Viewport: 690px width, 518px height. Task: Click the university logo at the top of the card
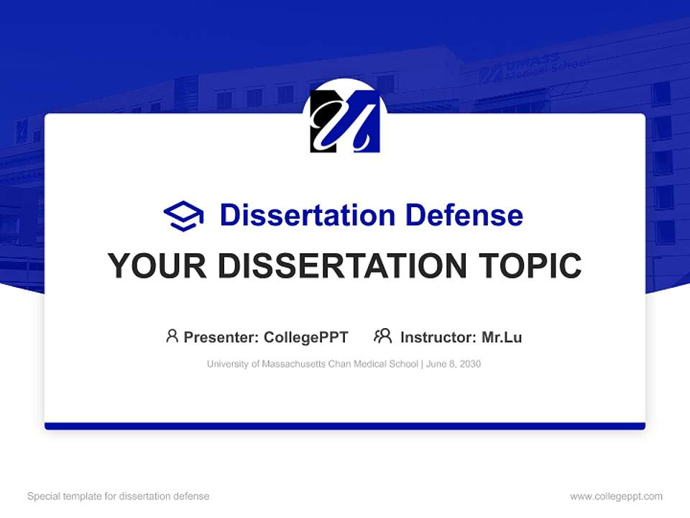click(x=345, y=121)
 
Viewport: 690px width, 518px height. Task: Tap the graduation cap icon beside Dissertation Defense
click(x=183, y=215)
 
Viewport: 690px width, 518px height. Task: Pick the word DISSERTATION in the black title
click(x=341, y=266)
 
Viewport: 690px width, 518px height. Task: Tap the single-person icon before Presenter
click(x=172, y=336)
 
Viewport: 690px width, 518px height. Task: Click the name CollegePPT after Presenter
click(x=306, y=337)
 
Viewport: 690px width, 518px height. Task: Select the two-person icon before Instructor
click(x=383, y=336)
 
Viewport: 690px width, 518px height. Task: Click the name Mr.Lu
click(x=502, y=337)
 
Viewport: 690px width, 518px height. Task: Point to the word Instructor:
click(x=438, y=337)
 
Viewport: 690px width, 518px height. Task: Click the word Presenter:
click(x=221, y=337)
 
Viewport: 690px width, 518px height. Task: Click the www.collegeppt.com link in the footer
click(x=616, y=496)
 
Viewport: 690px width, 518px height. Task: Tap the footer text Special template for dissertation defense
click(x=119, y=496)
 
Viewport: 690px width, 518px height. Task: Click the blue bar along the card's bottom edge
click(x=345, y=426)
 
